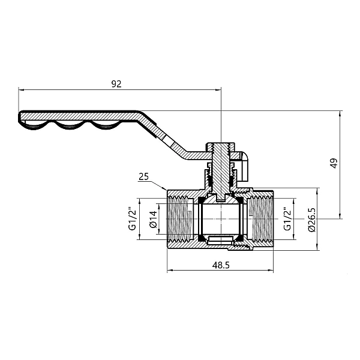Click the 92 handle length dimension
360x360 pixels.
116,85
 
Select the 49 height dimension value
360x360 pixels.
334,163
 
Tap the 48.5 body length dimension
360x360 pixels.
221,264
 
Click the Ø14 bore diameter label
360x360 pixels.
152,220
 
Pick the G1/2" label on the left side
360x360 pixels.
131,220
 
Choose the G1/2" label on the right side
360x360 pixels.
287,220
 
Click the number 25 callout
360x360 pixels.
143,176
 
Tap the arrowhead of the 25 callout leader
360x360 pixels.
166,191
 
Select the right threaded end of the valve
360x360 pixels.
264,220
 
